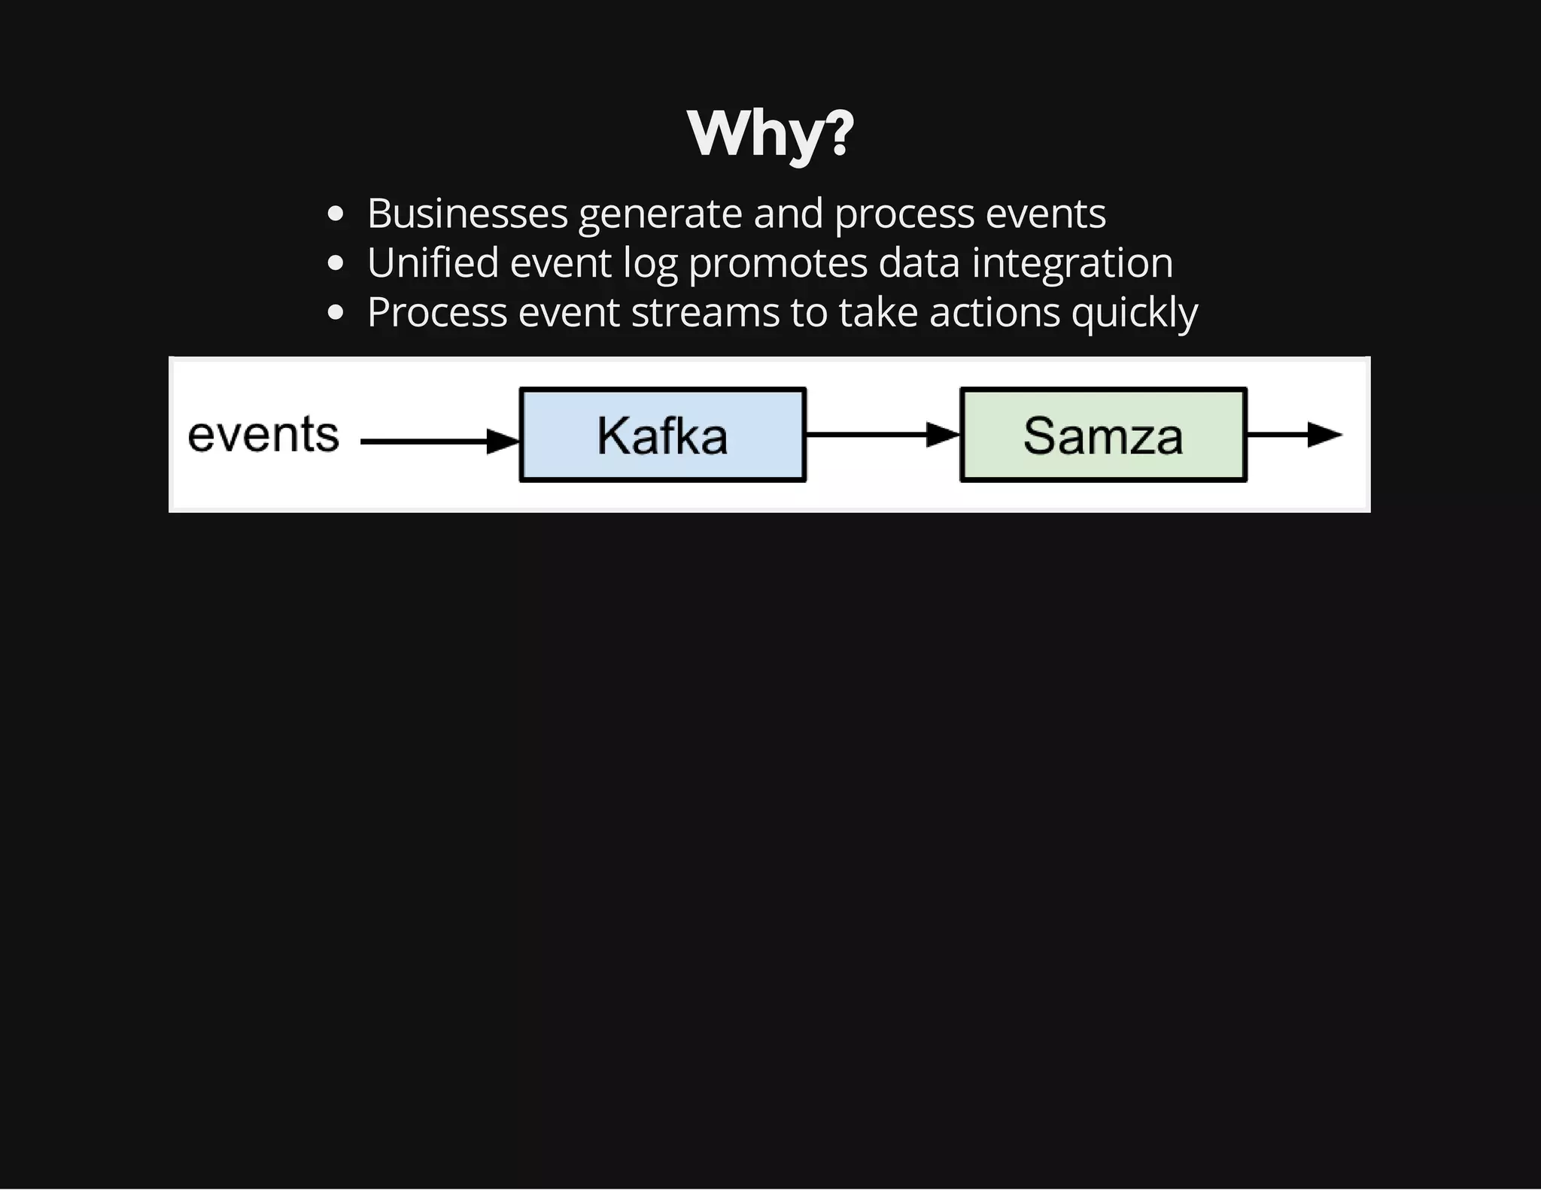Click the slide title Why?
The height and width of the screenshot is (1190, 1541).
770,133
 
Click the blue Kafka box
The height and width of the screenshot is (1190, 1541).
662,435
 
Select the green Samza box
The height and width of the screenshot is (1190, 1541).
1103,435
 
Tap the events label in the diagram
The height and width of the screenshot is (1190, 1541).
263,435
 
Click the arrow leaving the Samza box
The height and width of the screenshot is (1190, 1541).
1294,434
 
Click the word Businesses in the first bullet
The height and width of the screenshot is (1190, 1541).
467,214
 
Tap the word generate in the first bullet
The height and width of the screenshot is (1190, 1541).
661,215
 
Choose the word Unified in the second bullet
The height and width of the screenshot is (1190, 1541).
433,263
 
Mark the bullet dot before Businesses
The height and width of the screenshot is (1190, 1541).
336,214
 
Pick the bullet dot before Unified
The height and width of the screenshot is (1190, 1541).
336,264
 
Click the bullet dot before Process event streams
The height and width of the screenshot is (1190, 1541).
336,313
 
